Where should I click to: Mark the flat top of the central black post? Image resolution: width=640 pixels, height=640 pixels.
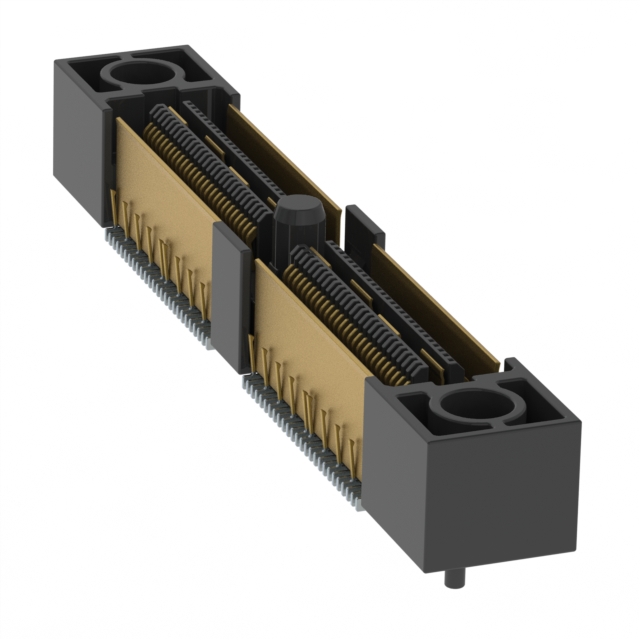point(292,206)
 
